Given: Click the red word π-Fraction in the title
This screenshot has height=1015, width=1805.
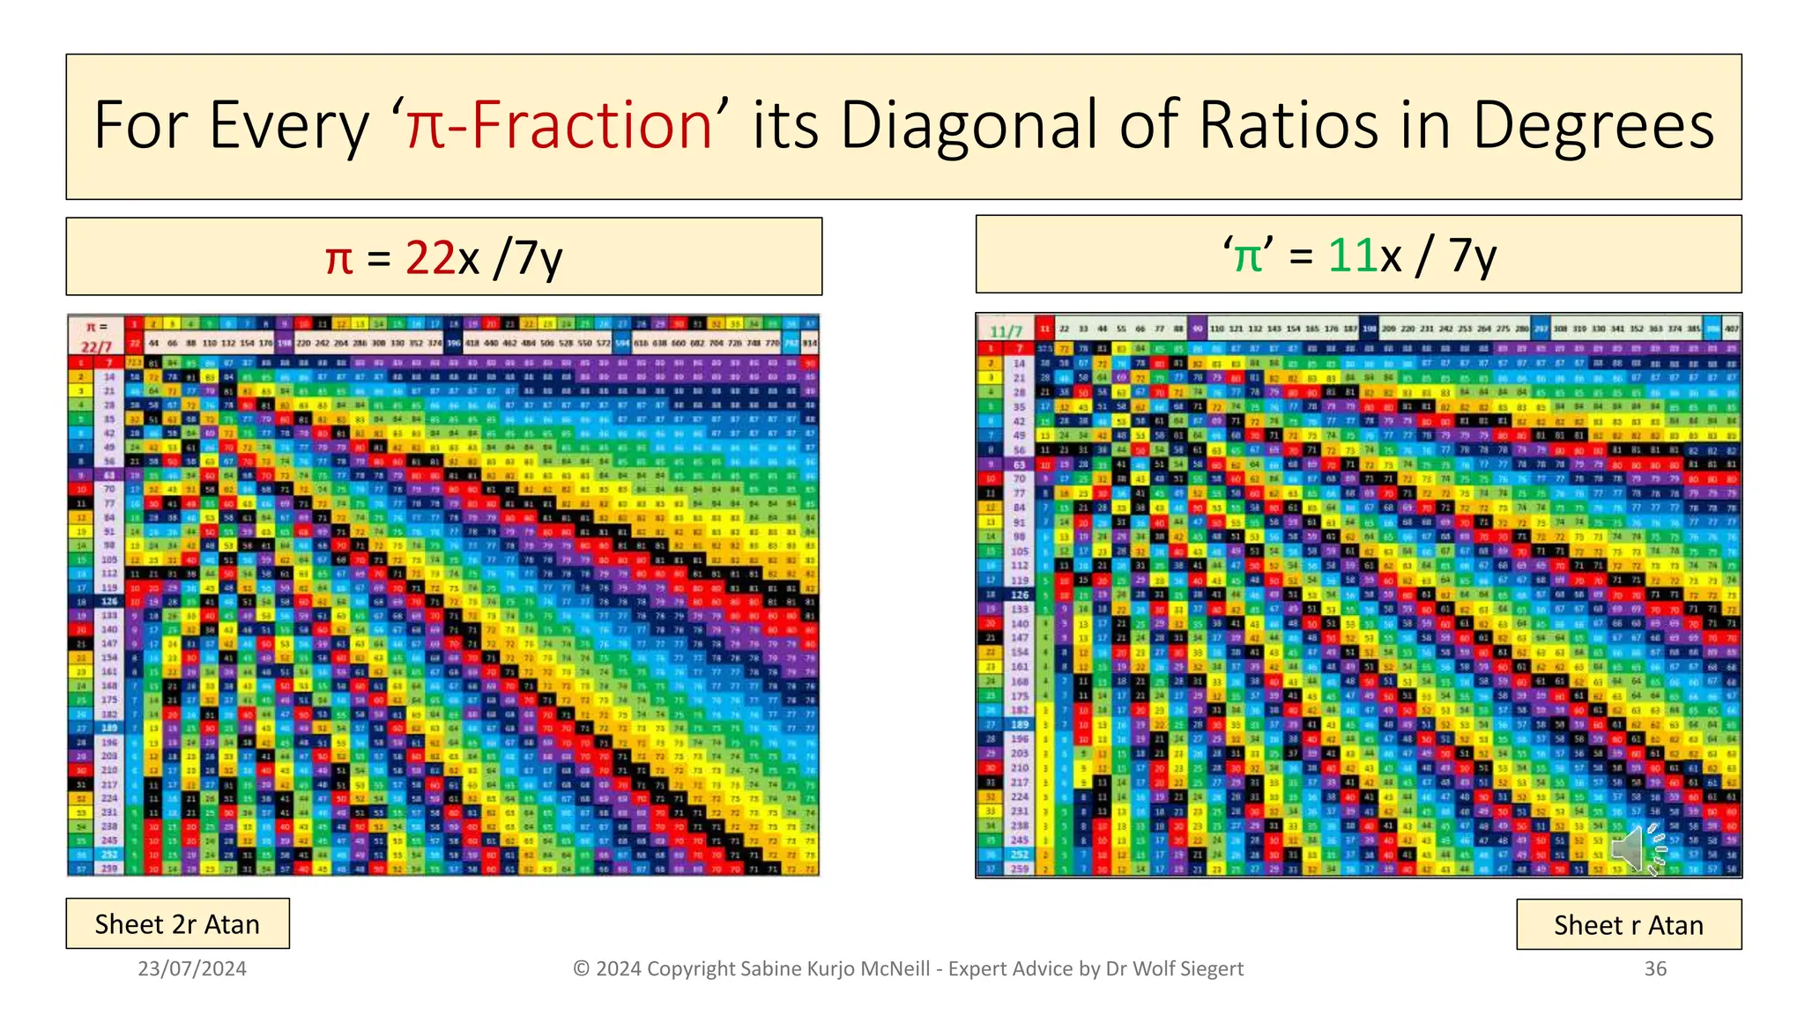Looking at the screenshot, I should click(x=559, y=126).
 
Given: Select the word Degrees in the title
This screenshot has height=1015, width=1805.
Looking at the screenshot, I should click(x=1593, y=126).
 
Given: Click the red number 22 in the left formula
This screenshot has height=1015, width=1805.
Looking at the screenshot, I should click(x=430, y=258).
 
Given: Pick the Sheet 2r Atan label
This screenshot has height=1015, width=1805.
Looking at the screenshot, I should click(x=177, y=924).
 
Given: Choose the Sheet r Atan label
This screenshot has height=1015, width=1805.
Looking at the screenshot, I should click(x=1628, y=925).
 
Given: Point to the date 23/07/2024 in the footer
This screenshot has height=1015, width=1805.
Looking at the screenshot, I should click(x=192, y=969).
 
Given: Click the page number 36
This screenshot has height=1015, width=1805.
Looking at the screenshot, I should click(x=1655, y=969).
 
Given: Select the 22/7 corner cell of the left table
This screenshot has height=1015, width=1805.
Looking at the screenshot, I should click(x=96, y=347).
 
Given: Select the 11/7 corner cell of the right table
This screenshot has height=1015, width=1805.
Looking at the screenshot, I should click(x=1006, y=331).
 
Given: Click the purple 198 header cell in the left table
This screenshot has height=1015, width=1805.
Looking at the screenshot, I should click(x=285, y=343).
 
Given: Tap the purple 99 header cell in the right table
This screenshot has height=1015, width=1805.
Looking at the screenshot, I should click(x=1197, y=329).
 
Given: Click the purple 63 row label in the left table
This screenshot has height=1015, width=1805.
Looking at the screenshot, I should click(x=109, y=475).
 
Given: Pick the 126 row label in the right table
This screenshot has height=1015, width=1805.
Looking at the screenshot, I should click(x=1020, y=595).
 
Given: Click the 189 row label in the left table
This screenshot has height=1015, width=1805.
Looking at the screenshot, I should click(x=109, y=729).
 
